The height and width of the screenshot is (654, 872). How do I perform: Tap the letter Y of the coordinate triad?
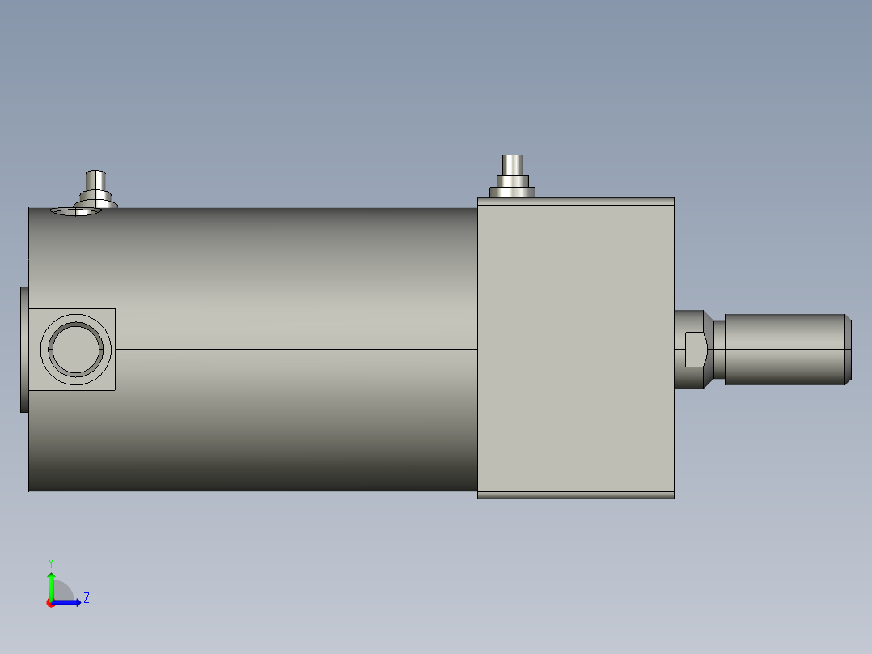(x=51, y=563)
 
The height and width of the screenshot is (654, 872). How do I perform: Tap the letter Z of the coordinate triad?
(x=87, y=598)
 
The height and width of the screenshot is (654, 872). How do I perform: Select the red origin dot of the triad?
(x=50, y=603)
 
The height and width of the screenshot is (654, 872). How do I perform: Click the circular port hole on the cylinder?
(x=76, y=350)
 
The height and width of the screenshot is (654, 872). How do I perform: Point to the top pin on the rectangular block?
(x=512, y=165)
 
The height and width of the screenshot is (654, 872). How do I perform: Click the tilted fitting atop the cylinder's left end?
(x=95, y=189)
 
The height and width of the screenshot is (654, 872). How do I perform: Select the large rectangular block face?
(x=576, y=348)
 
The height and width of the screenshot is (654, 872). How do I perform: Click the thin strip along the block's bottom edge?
(x=576, y=495)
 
